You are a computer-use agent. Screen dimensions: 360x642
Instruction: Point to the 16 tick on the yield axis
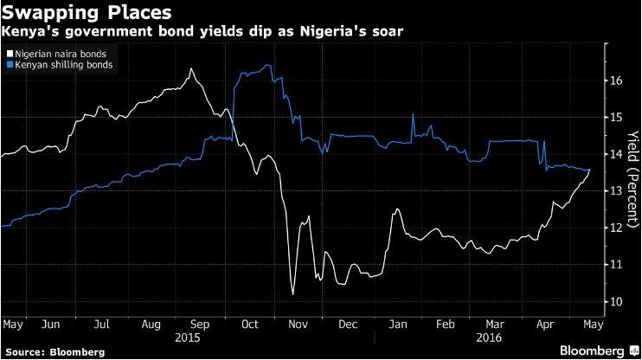pyautogui.click(x=616, y=80)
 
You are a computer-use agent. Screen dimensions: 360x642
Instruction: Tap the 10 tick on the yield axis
pyautogui.click(x=616, y=301)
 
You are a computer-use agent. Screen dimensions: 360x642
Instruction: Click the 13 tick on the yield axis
pyautogui.click(x=616, y=190)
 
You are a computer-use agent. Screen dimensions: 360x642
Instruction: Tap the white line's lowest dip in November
pyautogui.click(x=292, y=295)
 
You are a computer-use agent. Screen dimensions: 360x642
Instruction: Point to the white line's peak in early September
pyautogui.click(x=189, y=69)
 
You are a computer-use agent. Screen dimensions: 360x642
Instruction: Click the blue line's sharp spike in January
pyautogui.click(x=413, y=114)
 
